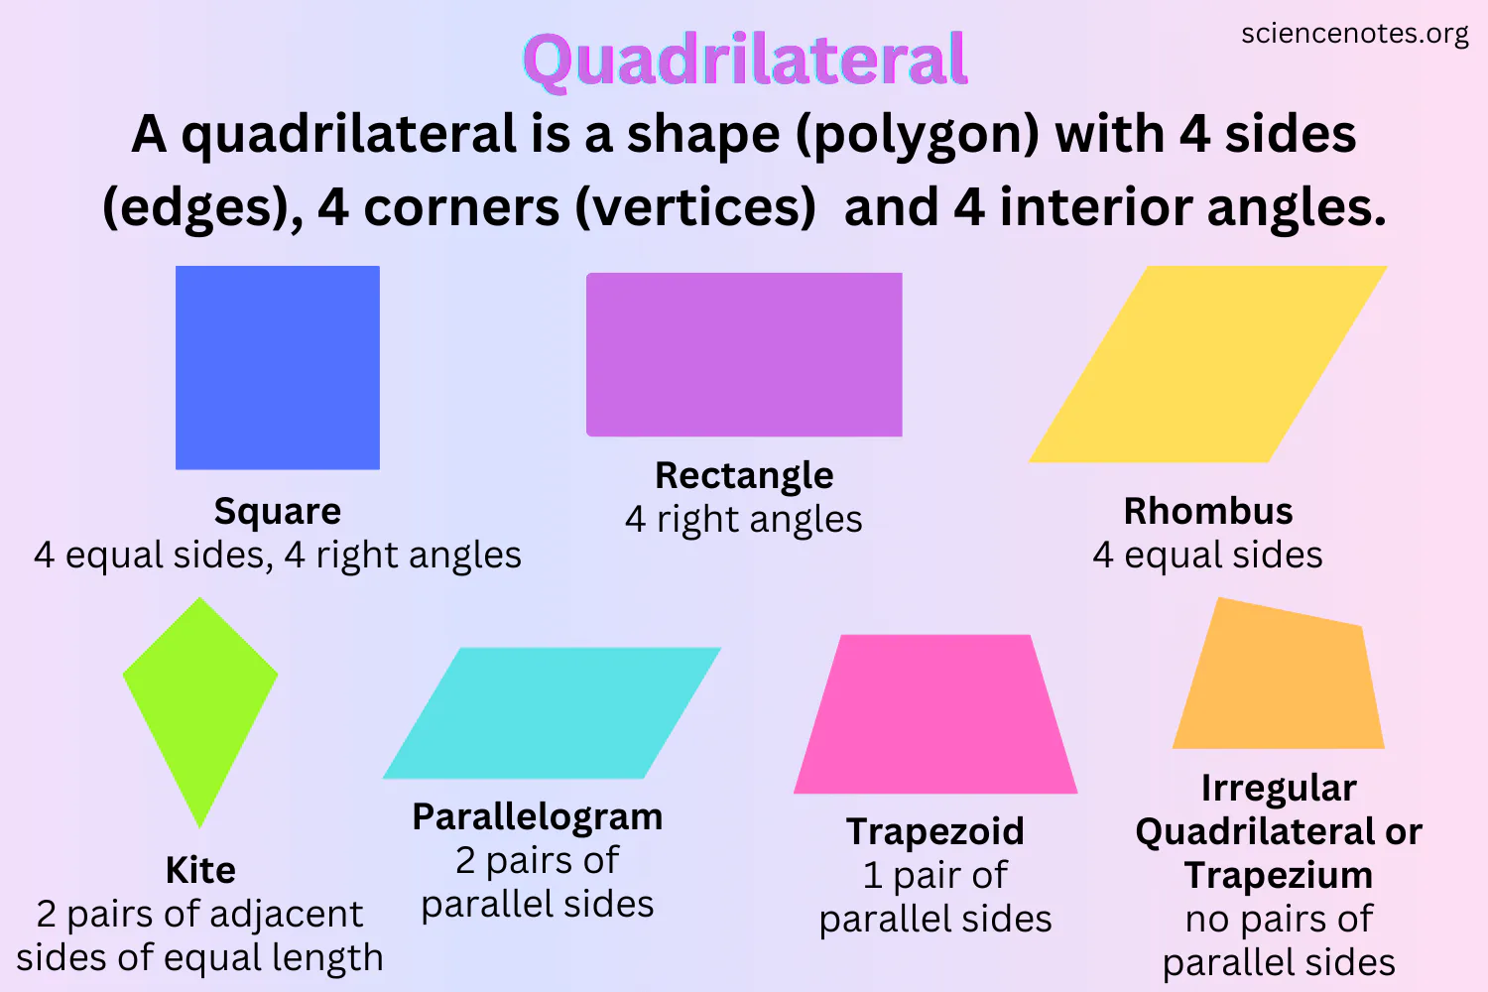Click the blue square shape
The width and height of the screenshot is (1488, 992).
click(x=278, y=367)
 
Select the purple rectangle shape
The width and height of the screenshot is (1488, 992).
click(x=744, y=354)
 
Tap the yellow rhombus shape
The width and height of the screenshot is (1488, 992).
click(x=1208, y=364)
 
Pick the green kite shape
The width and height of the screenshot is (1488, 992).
click(x=200, y=694)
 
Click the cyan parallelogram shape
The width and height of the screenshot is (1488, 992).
click(x=552, y=712)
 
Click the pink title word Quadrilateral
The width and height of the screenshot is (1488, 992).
click(x=745, y=60)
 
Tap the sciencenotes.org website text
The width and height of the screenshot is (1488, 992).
click(x=1354, y=34)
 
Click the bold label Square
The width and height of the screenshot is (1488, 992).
click(x=278, y=511)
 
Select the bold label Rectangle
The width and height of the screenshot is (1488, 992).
click(x=744, y=475)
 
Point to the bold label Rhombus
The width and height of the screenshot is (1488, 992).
click(x=1208, y=511)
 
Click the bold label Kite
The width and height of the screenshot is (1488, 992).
click(x=200, y=870)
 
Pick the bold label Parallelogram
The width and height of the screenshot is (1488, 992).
click(x=538, y=816)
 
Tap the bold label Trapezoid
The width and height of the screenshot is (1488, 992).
click(x=935, y=831)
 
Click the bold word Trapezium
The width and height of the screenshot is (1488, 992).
click(x=1279, y=875)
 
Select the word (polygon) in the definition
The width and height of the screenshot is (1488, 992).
click(x=919, y=135)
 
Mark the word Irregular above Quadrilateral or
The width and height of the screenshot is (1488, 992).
click(x=1279, y=788)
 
